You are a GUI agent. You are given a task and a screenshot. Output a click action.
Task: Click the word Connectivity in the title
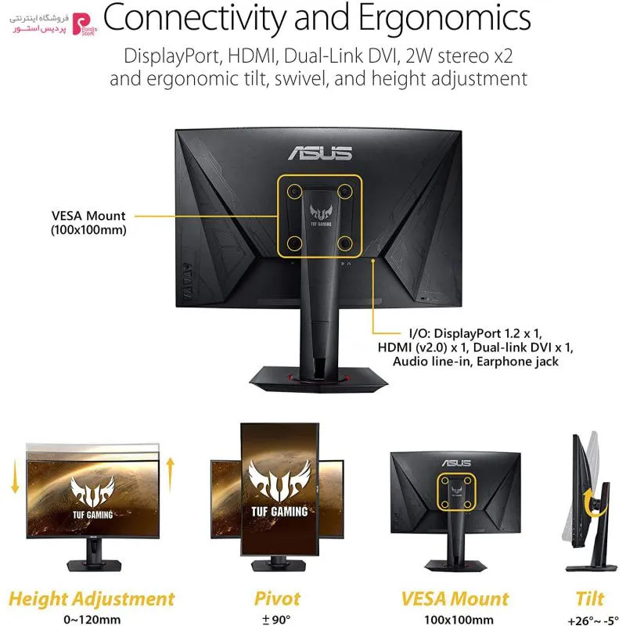tap(195, 19)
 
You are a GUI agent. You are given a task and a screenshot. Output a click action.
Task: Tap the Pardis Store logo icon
tap(83, 24)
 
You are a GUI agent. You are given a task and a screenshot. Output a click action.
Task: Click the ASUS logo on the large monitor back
tap(320, 153)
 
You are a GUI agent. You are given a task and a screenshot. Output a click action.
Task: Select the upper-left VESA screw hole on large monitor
tap(295, 191)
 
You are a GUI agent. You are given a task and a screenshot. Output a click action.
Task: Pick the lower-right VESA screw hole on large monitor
tap(345, 243)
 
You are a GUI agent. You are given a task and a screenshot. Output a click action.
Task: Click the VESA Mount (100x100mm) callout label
tap(88, 223)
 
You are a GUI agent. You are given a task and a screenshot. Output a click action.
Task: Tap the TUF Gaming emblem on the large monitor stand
tap(321, 215)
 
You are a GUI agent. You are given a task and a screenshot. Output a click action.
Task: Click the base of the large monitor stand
tap(318, 380)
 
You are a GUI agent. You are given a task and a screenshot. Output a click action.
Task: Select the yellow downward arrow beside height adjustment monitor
tap(15, 477)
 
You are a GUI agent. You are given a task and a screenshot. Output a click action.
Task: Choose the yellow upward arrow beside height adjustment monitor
tap(171, 475)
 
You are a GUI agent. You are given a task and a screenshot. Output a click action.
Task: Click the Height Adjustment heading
tap(92, 599)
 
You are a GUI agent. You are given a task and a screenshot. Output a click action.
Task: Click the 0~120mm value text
tap(92, 620)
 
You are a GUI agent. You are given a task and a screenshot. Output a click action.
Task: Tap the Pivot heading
tap(278, 599)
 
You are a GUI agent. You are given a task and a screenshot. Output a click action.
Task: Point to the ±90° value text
tap(276, 620)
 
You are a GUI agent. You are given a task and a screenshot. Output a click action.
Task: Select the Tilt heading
tap(590, 599)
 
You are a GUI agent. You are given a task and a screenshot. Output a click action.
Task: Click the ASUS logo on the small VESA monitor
tap(456, 463)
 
